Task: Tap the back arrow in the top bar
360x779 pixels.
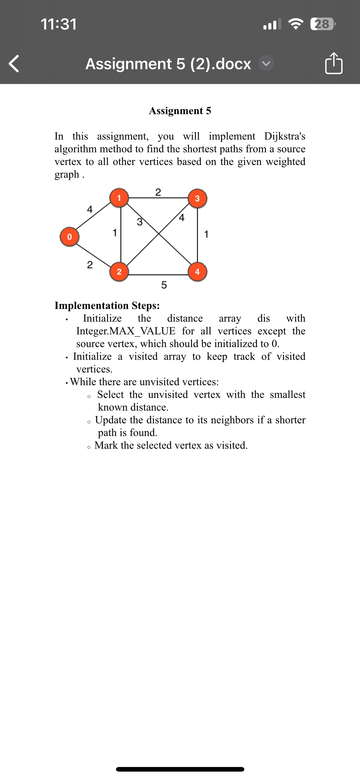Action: coord(14,64)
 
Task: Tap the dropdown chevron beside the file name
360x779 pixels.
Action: coord(266,63)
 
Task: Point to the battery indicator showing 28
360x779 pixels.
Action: coord(322,24)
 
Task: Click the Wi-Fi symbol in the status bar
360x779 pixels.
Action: coord(295,24)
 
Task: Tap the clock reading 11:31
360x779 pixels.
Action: coord(58,24)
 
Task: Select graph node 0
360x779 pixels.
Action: coord(70,237)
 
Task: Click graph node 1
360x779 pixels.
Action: coord(119,198)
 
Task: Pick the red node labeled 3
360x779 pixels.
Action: coord(197,199)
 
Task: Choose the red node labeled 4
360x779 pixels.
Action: coord(197,272)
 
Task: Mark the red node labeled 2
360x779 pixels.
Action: coord(119,272)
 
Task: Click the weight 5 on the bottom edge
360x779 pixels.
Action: coord(164,285)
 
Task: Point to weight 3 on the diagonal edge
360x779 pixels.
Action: coord(140,222)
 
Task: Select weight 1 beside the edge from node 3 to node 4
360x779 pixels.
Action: coord(206,234)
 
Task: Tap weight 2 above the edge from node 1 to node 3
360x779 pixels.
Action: coord(158,192)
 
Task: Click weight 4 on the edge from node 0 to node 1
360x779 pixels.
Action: coord(90,210)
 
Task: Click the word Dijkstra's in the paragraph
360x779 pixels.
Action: coord(285,136)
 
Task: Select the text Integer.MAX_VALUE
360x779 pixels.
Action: coord(126,331)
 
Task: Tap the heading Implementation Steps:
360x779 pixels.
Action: coord(107,306)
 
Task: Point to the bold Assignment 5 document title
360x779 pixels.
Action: coord(180,111)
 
